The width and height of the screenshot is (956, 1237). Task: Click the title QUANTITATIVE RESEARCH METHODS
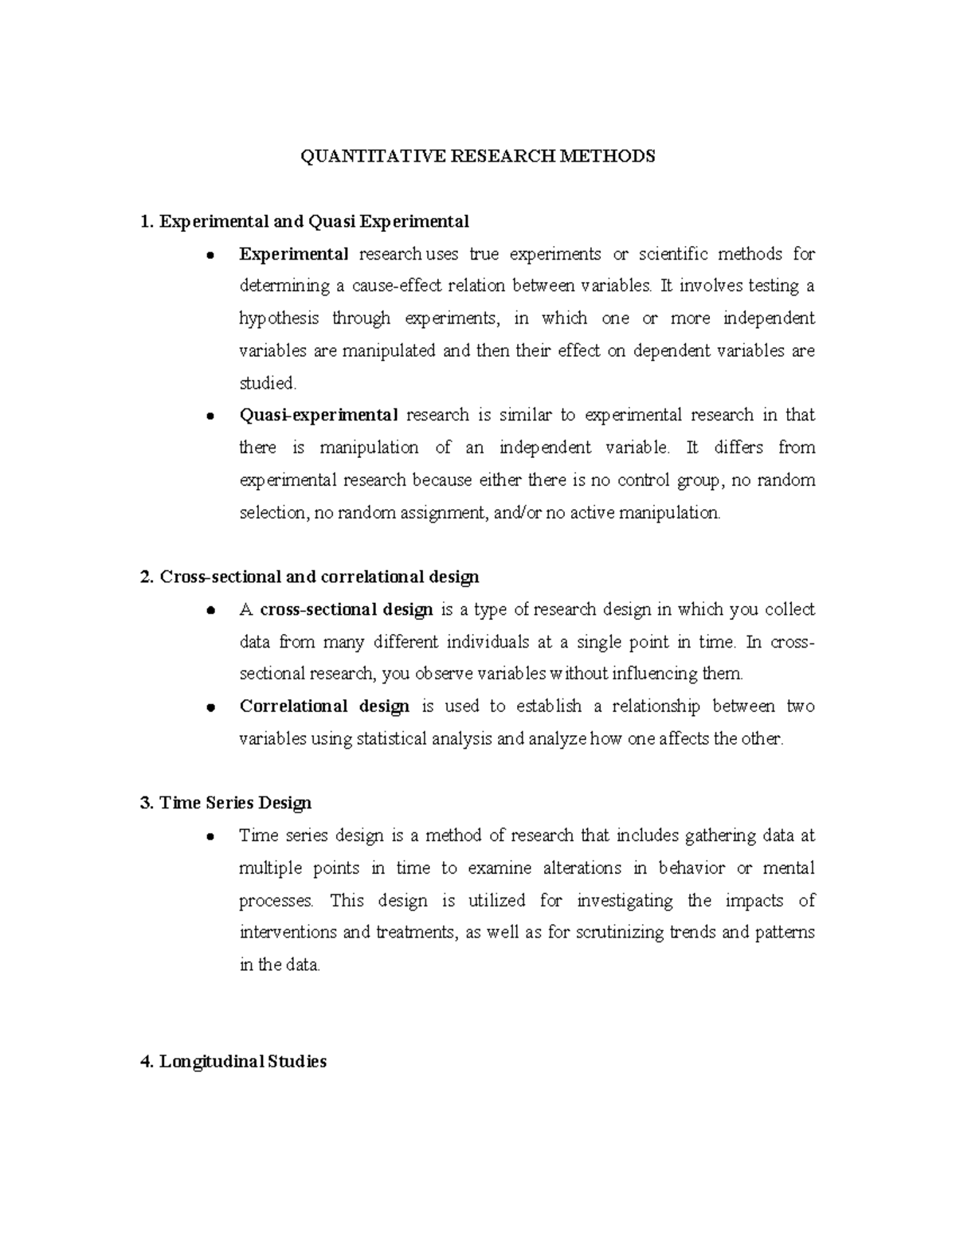click(477, 156)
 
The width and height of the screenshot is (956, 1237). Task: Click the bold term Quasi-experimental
click(318, 415)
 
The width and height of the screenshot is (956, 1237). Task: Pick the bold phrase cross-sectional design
click(347, 609)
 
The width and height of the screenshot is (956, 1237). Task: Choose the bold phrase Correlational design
click(324, 707)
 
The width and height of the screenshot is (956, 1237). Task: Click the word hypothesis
click(279, 319)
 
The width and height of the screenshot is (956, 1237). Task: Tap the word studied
click(267, 383)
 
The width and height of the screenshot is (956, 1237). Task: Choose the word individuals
click(491, 642)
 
